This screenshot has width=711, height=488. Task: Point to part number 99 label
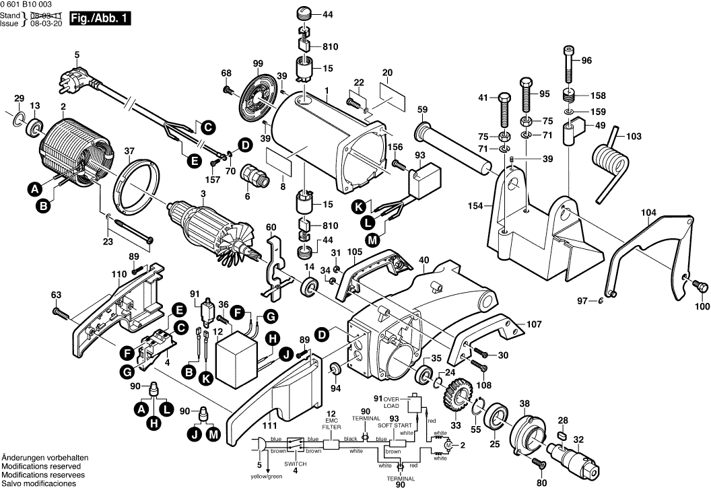(257, 63)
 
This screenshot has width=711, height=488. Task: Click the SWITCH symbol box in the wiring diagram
(295, 444)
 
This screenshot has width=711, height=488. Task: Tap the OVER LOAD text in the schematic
(392, 403)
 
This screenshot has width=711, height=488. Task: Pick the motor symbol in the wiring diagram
(446, 444)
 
